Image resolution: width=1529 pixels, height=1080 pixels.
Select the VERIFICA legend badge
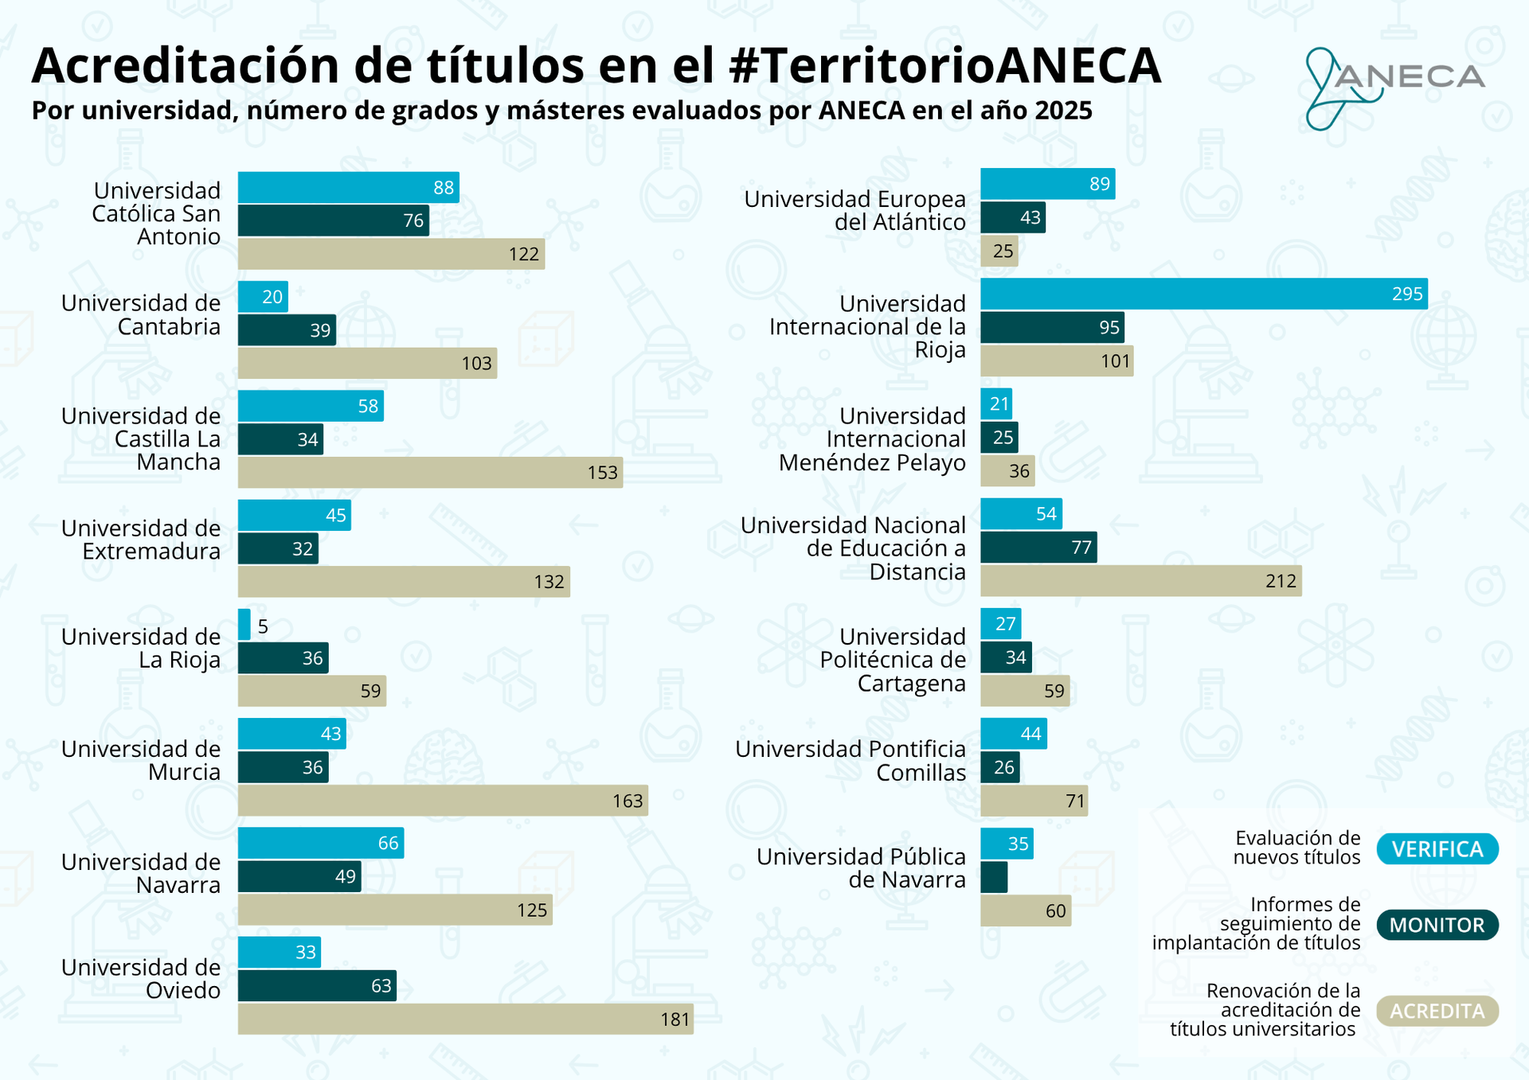(1437, 849)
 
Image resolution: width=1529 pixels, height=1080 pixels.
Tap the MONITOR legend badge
(1437, 925)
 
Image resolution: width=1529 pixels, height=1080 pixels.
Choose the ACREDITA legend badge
(1437, 1011)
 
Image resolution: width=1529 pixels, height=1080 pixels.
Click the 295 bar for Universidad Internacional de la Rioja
(1202, 294)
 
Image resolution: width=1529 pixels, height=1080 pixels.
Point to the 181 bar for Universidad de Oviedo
(465, 1019)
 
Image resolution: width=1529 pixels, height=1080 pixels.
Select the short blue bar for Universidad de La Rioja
(244, 625)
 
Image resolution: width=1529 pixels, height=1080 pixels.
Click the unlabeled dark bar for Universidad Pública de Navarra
(994, 877)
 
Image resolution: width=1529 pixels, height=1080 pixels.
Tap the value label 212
(1281, 582)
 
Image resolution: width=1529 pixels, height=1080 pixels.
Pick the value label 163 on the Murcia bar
(628, 801)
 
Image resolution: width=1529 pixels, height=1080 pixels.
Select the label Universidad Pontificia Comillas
(851, 761)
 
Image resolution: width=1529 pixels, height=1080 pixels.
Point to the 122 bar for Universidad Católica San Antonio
(390, 254)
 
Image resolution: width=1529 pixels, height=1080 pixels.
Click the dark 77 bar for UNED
(1038, 548)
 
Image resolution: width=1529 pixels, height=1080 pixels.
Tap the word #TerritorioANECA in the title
(944, 65)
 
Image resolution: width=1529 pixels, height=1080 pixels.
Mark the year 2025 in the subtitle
(1063, 111)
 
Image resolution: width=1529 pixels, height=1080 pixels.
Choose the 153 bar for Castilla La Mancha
(429, 472)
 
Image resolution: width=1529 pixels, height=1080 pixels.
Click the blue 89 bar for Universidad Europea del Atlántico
(1046, 184)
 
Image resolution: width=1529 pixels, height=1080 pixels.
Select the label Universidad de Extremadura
(141, 540)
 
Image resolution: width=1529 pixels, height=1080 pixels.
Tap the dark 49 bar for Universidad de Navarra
(299, 876)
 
